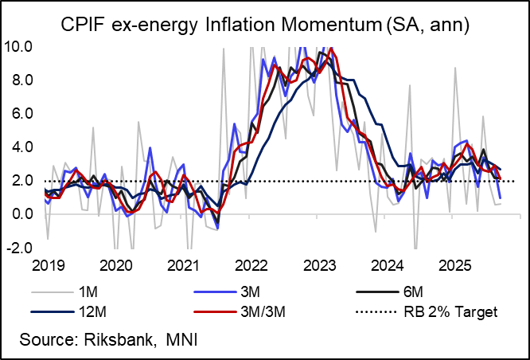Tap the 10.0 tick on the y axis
tap(18, 46)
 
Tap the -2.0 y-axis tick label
tap(19, 248)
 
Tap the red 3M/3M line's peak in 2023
tap(331, 49)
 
